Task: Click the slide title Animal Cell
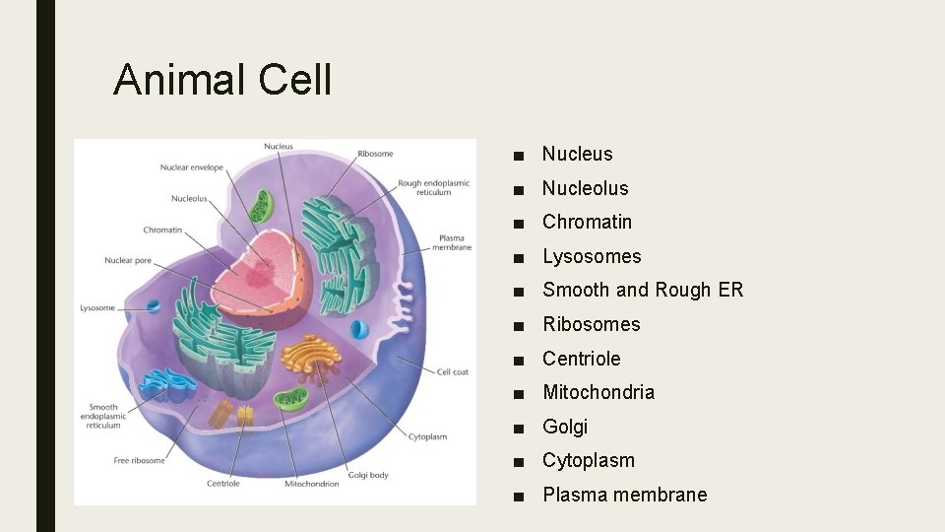222,80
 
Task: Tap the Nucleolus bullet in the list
585,188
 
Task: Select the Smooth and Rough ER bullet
643,290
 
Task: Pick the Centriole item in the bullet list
581,359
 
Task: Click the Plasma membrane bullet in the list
624,495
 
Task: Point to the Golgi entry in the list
565,427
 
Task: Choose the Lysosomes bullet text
592,256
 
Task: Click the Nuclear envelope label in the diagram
192,167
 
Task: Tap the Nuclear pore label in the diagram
129,260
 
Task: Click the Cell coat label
453,371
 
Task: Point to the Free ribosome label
140,460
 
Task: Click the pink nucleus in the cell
261,261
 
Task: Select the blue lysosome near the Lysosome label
153,306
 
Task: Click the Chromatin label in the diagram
162,230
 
